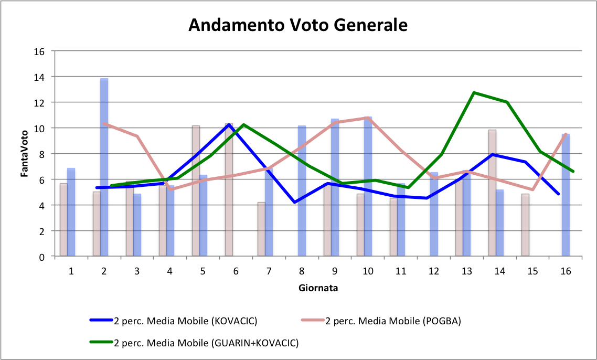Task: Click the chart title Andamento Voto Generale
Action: tap(298, 25)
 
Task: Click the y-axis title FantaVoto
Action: tap(25, 154)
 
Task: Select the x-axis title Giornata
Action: tap(318, 288)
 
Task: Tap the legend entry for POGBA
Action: tap(393, 321)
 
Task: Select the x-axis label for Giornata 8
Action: tap(302, 271)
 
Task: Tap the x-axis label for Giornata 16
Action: tap(566, 271)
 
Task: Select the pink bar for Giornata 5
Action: tap(196, 191)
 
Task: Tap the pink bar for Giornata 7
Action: tap(261, 229)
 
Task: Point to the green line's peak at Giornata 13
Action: tap(474, 92)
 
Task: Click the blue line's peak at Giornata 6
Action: tap(229, 124)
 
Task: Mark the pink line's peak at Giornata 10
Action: tap(368, 118)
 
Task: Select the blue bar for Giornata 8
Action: tap(302, 191)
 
